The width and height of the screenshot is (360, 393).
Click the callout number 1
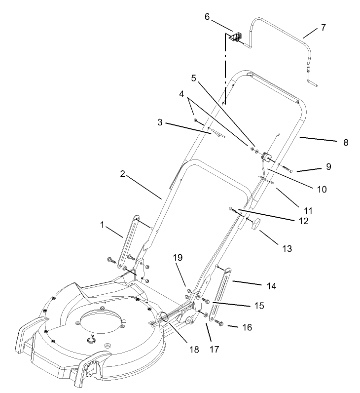pos(102,225)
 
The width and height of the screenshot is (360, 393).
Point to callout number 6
pos(208,17)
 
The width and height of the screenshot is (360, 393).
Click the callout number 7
pos(323,27)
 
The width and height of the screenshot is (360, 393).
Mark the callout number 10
pos(322,189)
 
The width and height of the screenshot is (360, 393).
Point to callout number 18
pos(194,349)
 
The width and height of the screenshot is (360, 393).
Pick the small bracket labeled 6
pos(236,36)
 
